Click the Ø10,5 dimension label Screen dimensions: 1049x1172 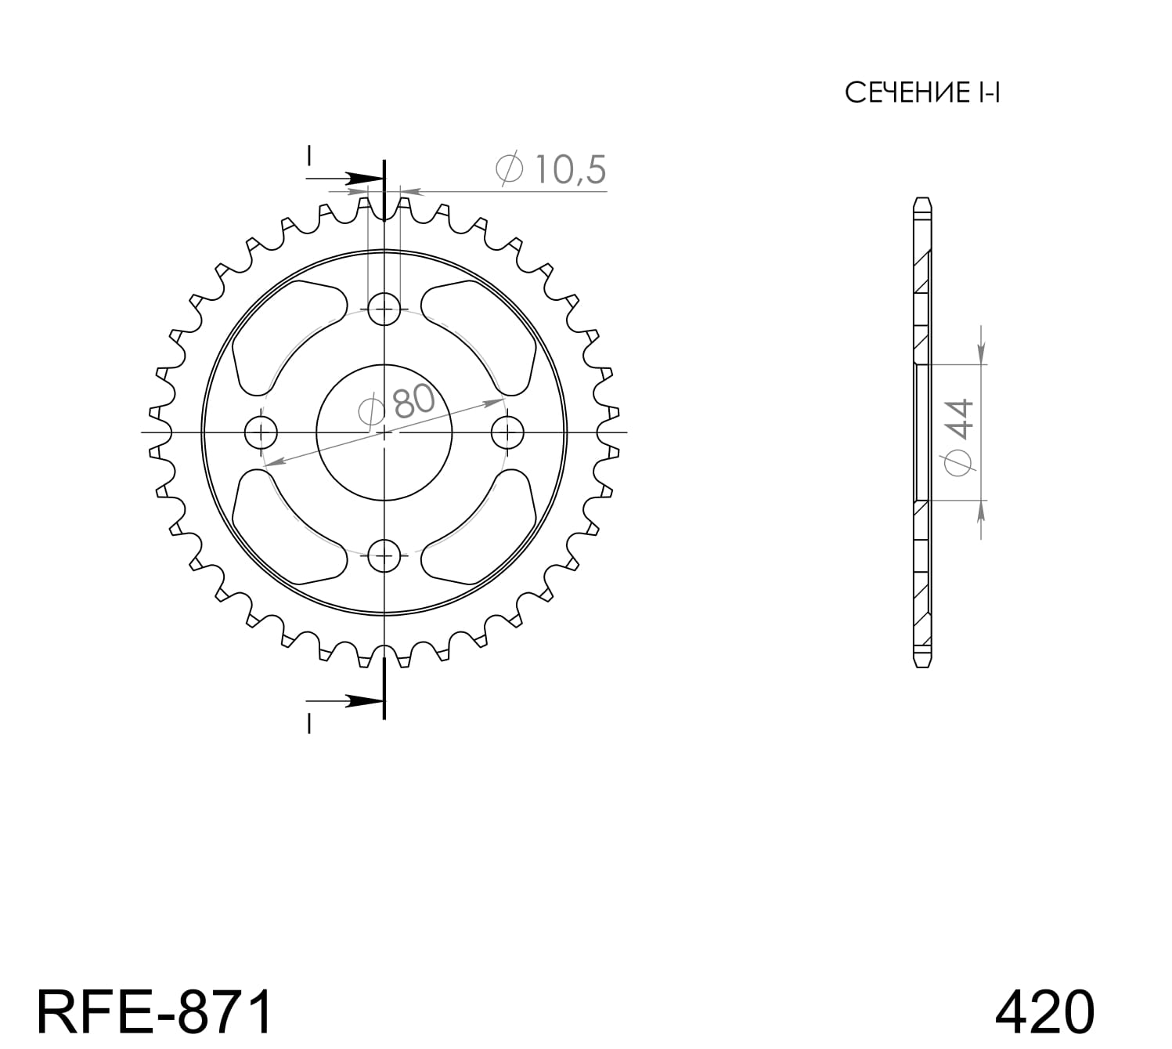(x=551, y=170)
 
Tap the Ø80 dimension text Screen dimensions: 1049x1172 (x=397, y=403)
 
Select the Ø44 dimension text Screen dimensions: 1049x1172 (x=961, y=436)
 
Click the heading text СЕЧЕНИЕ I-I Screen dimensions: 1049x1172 (x=922, y=93)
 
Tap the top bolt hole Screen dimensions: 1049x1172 (x=384, y=308)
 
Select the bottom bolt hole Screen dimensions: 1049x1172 (x=384, y=556)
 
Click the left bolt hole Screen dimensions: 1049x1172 (x=261, y=432)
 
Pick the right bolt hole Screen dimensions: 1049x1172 (x=508, y=432)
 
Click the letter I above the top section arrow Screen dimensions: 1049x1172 (x=309, y=156)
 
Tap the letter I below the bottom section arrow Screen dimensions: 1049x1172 (x=309, y=725)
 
